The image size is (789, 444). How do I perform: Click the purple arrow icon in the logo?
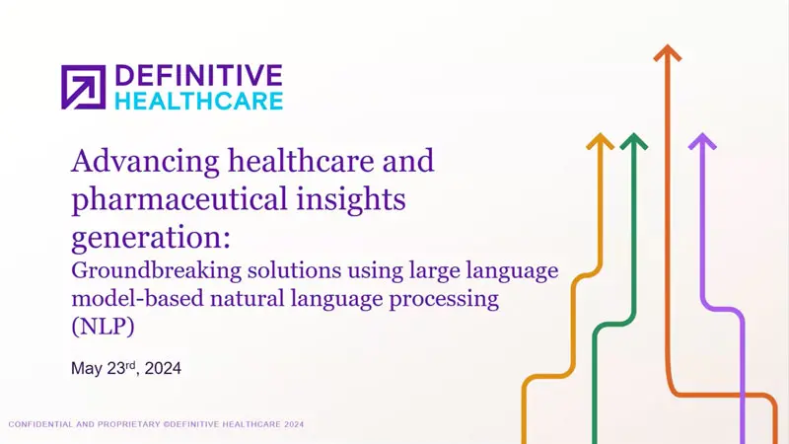tap(84, 87)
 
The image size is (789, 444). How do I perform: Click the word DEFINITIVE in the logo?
tap(198, 77)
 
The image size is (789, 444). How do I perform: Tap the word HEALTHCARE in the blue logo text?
tap(198, 100)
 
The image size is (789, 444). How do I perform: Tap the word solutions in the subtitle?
tap(285, 271)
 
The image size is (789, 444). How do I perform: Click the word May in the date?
tap(87, 369)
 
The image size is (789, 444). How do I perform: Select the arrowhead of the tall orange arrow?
tap(669, 50)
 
